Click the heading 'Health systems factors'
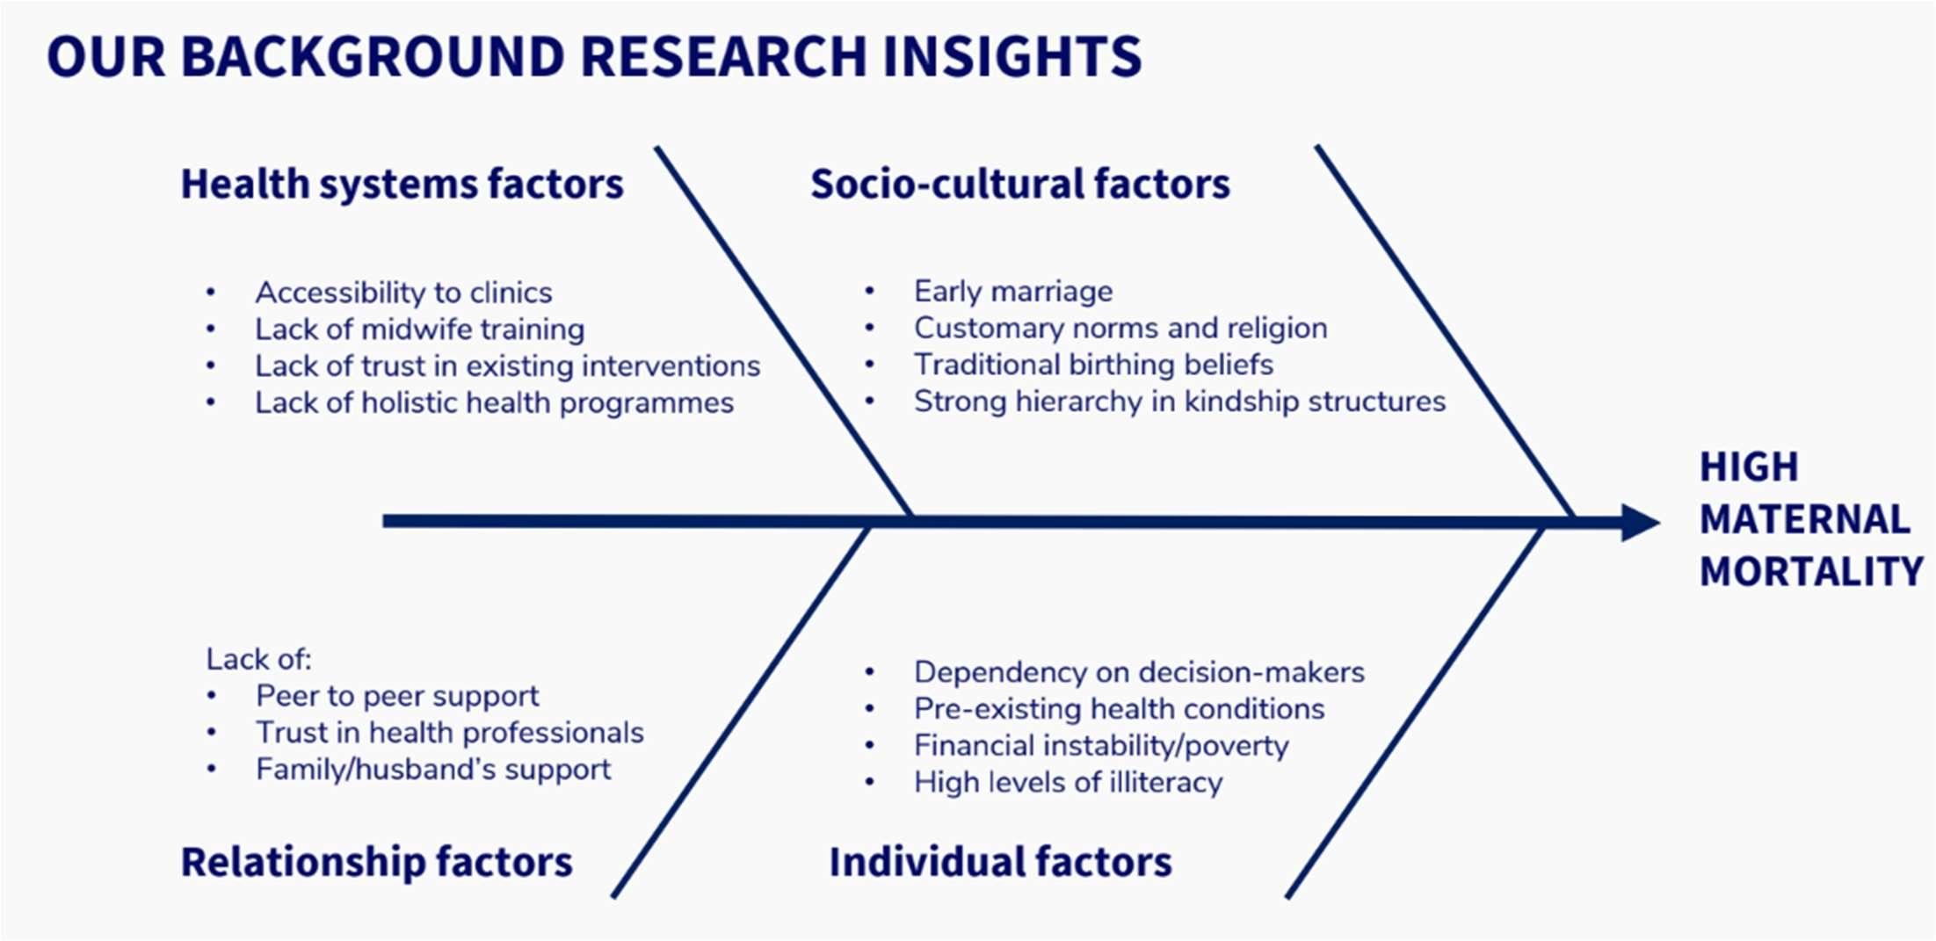point(402,184)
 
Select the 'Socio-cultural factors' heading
point(1019,184)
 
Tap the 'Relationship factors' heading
point(376,861)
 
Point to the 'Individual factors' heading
point(1000,861)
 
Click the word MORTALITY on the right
point(1810,572)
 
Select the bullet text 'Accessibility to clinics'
point(403,292)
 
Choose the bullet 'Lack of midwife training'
point(419,329)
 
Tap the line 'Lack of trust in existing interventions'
point(507,366)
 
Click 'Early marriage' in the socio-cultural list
point(1012,291)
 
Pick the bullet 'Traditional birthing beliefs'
point(1093,364)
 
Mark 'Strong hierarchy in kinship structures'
point(1179,401)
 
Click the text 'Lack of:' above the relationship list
point(258,659)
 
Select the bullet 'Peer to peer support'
point(397,696)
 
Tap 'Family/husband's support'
point(432,769)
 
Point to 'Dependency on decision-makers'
point(1139,672)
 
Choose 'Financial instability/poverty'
point(1100,745)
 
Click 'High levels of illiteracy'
point(1068,782)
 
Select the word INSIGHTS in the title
point(1012,57)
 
